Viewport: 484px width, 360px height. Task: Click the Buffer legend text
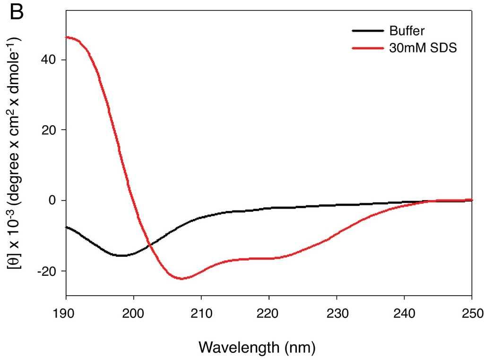coord(407,31)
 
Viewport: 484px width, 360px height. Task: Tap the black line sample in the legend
coord(367,31)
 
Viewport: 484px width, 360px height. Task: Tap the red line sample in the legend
coord(367,48)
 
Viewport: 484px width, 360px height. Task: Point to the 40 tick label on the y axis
coord(52,60)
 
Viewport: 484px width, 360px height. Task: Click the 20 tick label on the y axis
coord(52,130)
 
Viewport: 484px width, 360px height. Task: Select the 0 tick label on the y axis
coord(56,201)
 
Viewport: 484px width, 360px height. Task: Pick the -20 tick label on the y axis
coord(51,271)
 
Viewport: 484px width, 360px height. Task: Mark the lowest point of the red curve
coord(181,279)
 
